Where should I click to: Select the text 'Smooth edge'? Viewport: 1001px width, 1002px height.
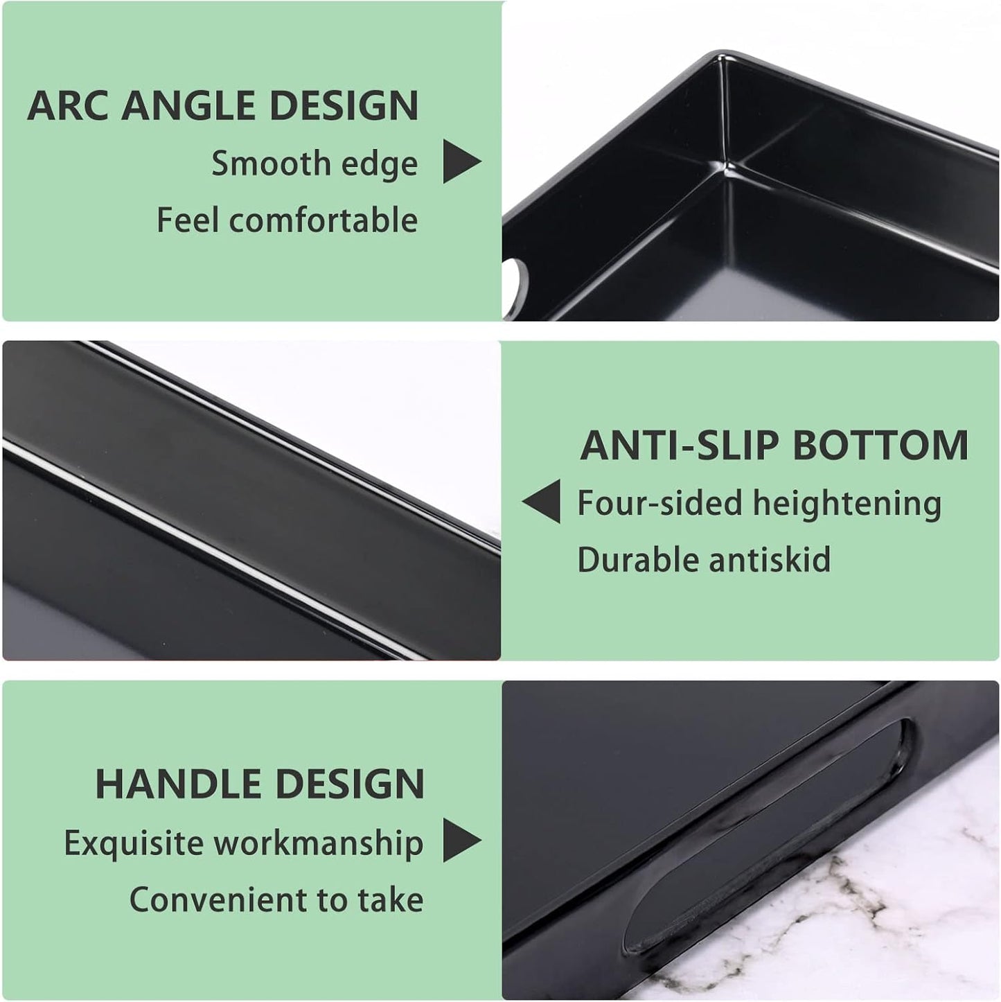pyautogui.click(x=315, y=164)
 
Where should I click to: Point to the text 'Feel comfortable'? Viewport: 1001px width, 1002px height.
pyautogui.click(x=287, y=221)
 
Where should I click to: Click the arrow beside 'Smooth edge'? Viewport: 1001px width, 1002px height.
pyautogui.click(x=461, y=162)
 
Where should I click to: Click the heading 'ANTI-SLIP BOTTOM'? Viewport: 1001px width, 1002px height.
pyautogui.click(x=774, y=446)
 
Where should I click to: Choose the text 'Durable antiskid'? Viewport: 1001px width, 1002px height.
pyautogui.click(x=703, y=560)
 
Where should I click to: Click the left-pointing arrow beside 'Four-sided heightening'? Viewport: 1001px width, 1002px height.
pyautogui.click(x=543, y=502)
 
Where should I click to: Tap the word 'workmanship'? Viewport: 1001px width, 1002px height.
pyautogui.click(x=318, y=843)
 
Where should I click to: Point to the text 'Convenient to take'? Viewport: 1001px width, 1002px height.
pyautogui.click(x=276, y=900)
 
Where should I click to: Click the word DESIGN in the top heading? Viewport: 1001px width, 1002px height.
pyautogui.click(x=344, y=106)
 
